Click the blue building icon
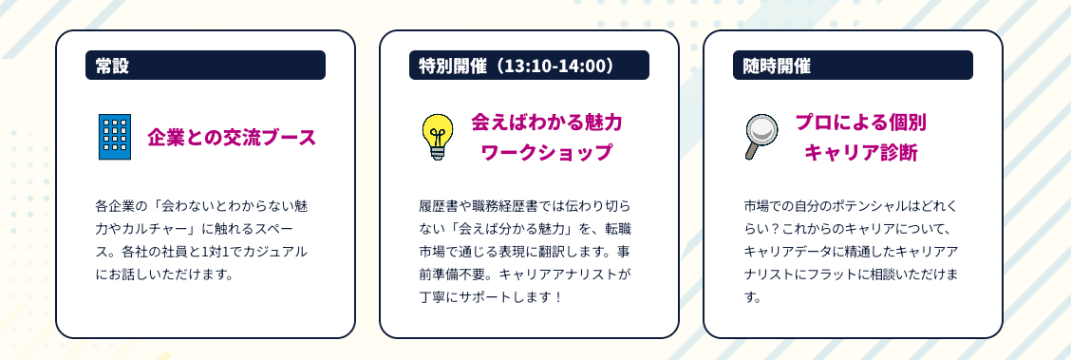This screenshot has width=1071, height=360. coord(115,137)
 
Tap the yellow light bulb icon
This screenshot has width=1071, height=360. coord(438,137)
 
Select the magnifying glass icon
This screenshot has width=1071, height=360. coord(761,137)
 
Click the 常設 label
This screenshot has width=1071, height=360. coord(113,66)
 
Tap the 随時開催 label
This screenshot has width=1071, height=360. coord(777,66)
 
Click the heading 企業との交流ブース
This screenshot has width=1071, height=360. coord(232,138)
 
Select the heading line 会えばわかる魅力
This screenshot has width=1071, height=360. coord(547,123)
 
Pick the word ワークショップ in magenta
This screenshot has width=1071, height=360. coord(547,152)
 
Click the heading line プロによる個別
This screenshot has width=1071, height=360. coord(860,123)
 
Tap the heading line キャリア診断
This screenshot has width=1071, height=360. coord(860,152)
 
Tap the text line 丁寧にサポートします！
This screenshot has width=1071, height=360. coord(492,298)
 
